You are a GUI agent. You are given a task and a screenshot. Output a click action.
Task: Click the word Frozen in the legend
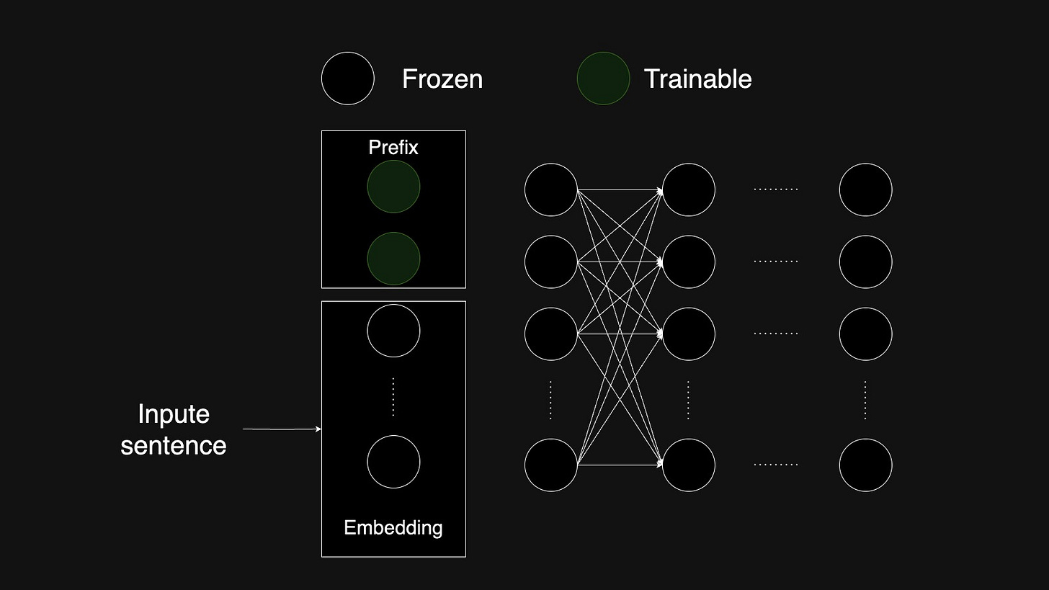click(442, 79)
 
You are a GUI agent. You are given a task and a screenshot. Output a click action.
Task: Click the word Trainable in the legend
click(697, 79)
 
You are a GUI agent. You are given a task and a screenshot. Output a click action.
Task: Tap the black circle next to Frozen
click(348, 79)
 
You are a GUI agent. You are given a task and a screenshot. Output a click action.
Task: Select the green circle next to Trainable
click(603, 79)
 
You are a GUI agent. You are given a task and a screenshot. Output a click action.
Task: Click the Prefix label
click(393, 148)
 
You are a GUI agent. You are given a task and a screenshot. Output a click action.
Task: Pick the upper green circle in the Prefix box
click(393, 187)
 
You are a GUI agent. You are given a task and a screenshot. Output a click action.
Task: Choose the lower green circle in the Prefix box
click(393, 259)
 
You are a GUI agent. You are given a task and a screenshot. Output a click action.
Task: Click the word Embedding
click(393, 528)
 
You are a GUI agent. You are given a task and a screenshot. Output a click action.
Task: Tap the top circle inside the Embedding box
click(393, 331)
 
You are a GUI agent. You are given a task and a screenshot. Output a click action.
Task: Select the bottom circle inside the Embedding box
click(393, 462)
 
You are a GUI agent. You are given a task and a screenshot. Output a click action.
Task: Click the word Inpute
click(174, 414)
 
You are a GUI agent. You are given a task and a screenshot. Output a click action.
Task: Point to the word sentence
click(174, 445)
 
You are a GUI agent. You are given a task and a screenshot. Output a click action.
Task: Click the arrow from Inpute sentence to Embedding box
click(282, 429)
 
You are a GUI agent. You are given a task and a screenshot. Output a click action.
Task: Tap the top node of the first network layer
click(551, 189)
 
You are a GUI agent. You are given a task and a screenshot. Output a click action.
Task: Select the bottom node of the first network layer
click(551, 465)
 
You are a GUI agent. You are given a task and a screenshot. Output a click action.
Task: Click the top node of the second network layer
click(689, 189)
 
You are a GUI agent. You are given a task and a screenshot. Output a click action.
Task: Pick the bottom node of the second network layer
click(689, 465)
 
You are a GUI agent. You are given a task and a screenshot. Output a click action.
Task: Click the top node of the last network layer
click(865, 189)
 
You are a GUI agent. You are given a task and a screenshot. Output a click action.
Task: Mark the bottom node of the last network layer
click(865, 465)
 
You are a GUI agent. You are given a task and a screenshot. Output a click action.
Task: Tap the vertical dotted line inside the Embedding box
click(393, 396)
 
